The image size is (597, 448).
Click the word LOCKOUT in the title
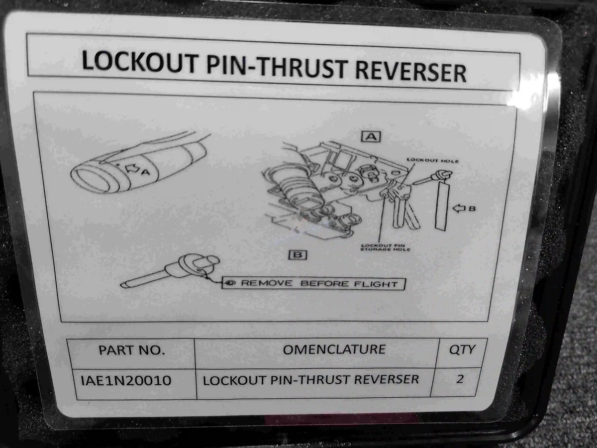pos(139,62)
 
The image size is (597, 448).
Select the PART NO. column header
pos(132,350)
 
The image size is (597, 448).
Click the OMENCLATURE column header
pos(334,349)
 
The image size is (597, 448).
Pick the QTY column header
pos(462,350)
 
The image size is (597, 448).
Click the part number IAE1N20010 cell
pos(126,380)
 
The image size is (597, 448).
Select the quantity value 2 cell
pos(460,379)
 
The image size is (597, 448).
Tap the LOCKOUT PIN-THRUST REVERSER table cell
pos(310,380)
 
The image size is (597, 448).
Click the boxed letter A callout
pos(371,136)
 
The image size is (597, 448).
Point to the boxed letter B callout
pos(298,255)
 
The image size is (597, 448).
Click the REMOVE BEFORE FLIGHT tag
pos(313,283)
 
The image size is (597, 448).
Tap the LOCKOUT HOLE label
pos(432,161)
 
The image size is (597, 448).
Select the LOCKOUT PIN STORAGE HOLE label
pos(386,247)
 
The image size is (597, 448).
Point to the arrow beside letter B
pos(459,209)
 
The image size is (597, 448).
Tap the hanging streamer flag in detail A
pos(442,206)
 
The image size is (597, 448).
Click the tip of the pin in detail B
pos(121,285)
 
